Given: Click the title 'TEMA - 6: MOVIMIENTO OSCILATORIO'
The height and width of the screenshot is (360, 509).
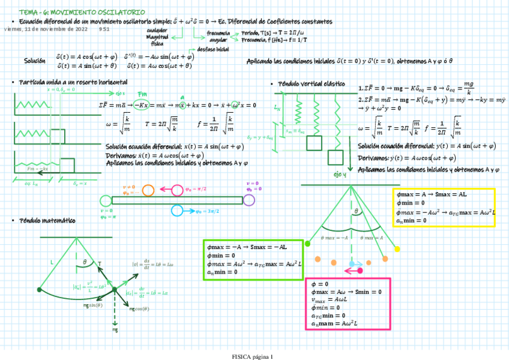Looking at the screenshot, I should (x=82, y=12).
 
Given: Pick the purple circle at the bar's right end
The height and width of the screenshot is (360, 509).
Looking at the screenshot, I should (x=248, y=199).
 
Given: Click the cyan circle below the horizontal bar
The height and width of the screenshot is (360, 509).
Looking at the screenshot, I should (x=177, y=211).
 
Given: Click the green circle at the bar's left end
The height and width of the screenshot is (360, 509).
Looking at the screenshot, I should (x=106, y=200).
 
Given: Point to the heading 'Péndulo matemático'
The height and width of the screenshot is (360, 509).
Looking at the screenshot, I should (x=47, y=221).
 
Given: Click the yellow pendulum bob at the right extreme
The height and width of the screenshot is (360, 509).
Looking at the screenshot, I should (x=396, y=249).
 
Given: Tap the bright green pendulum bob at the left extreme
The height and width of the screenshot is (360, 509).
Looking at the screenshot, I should (x=308, y=243).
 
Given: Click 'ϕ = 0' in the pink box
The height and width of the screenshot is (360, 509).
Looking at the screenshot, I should (x=319, y=284).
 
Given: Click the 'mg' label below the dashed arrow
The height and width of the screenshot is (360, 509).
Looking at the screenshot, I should (x=115, y=330).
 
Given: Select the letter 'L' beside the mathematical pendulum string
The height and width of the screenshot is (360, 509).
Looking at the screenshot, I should (x=52, y=262).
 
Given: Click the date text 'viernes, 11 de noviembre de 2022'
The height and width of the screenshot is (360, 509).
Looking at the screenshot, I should (x=46, y=29).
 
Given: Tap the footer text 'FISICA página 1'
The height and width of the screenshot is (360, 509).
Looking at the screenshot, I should (x=253, y=356).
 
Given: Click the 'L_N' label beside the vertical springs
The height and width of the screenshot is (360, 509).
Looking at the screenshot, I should (x=277, y=109).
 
